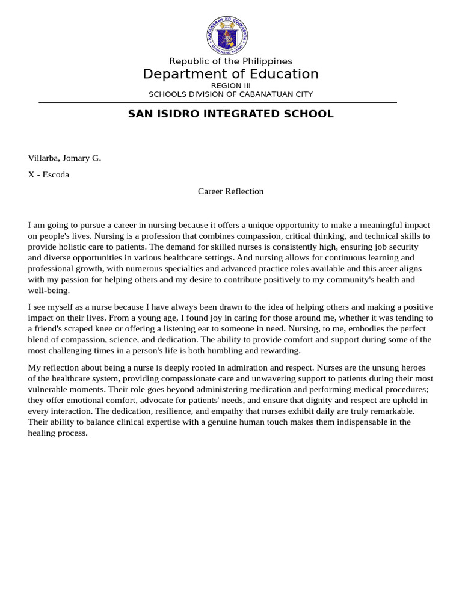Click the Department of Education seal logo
tap(227, 34)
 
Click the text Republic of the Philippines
tap(230, 61)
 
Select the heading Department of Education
tap(230, 74)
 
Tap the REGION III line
tap(230, 86)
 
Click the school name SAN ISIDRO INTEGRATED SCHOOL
tap(230, 114)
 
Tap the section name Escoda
tap(55, 175)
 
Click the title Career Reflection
tap(230, 191)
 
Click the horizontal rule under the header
tap(218, 103)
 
